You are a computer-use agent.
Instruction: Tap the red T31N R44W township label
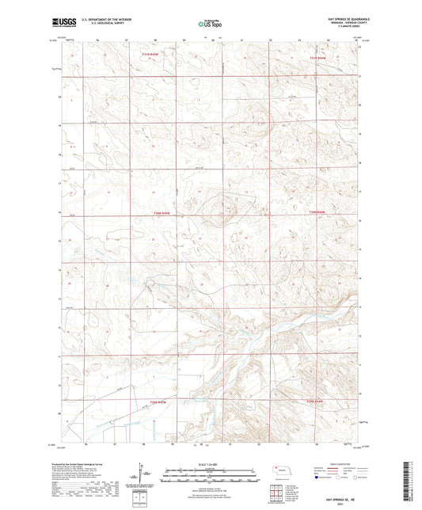point(317,58)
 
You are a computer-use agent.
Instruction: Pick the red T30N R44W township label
point(317,213)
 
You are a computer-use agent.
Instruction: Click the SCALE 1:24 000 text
point(211,464)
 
